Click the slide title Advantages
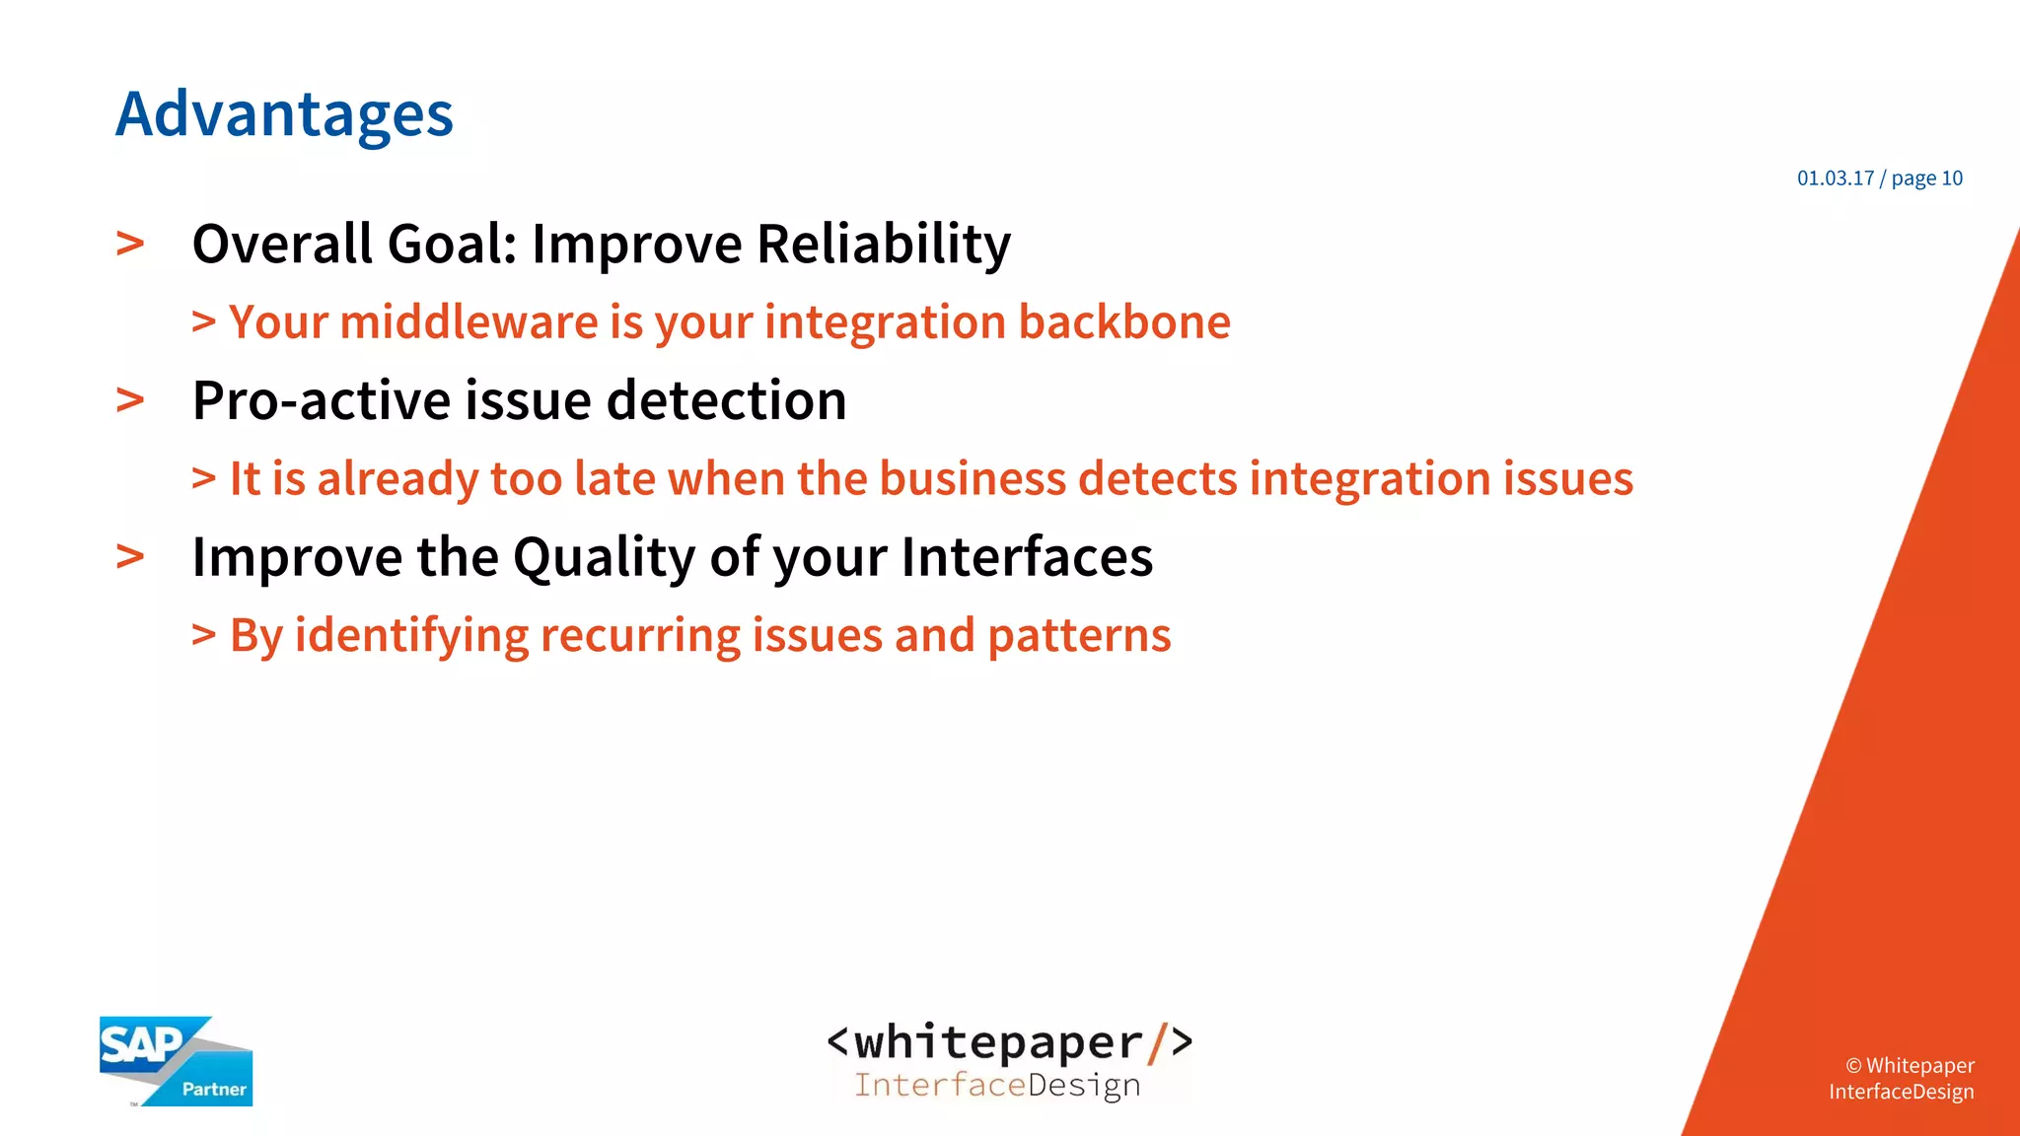click(284, 115)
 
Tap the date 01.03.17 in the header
click(1835, 178)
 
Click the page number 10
click(1952, 178)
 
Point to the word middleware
click(469, 322)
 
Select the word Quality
click(605, 557)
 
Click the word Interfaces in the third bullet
click(1027, 557)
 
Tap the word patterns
click(1079, 636)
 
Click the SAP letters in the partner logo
click(141, 1044)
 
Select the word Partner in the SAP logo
click(214, 1090)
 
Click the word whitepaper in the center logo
click(997, 1042)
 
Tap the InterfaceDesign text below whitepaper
click(997, 1086)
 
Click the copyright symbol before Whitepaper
click(1853, 1066)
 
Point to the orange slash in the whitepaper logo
click(1156, 1043)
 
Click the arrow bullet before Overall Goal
click(130, 244)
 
